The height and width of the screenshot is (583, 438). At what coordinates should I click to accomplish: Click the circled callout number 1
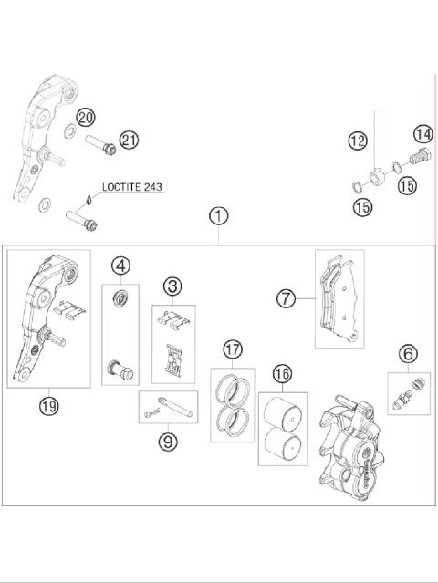tap(218, 216)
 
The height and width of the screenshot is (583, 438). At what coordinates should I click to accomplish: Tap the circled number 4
tap(120, 266)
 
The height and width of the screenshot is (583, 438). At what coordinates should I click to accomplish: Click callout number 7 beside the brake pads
tap(287, 298)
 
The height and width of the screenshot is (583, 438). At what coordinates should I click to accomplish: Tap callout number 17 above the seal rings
tap(234, 349)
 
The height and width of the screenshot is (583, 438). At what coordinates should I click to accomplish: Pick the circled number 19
tap(48, 403)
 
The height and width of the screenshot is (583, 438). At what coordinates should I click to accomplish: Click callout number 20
tap(85, 117)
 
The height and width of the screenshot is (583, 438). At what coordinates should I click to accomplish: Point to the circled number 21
tap(129, 140)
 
